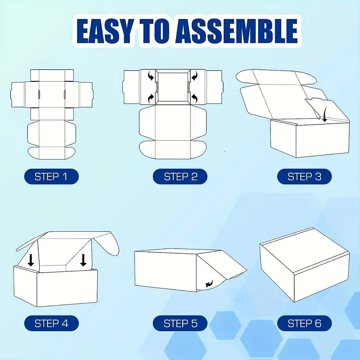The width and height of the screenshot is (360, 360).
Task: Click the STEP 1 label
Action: [51, 176]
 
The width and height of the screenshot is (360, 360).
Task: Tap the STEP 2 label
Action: [180, 176]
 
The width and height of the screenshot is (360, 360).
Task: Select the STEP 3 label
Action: [305, 176]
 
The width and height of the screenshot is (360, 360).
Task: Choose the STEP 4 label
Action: [51, 323]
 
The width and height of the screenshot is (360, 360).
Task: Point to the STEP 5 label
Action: [180, 323]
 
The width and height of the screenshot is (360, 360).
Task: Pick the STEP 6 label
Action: [305, 323]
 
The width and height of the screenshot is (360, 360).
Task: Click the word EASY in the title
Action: [105, 31]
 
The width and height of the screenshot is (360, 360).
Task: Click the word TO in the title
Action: [154, 31]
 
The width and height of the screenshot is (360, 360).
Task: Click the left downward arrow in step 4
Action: [31, 260]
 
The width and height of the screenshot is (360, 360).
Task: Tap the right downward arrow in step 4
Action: [83, 260]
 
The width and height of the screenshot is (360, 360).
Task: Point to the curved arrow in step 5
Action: [210, 284]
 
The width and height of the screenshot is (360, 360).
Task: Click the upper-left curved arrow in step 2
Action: [151, 76]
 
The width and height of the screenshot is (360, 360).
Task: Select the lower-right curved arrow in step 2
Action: [194, 98]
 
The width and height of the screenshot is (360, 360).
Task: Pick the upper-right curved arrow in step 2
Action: [194, 76]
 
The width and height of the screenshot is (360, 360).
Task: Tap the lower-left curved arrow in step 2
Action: [151, 98]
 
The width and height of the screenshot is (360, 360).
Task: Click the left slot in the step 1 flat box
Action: [39, 94]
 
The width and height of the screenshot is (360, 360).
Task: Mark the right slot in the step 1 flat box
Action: [65, 94]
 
